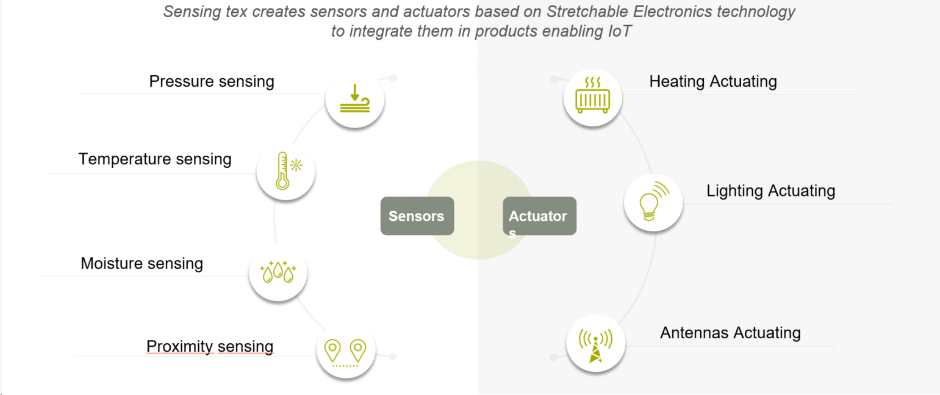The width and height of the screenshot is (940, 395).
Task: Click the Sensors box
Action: [417, 216]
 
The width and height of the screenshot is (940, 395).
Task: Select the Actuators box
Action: [539, 216]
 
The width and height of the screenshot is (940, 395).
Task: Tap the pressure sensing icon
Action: [354, 98]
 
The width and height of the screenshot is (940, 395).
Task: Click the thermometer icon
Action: [282, 170]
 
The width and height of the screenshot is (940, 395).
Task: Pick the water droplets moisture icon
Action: [278, 272]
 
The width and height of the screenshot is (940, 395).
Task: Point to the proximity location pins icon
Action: [345, 351]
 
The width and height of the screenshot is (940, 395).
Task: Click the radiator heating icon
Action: [592, 98]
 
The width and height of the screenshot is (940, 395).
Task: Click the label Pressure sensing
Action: [212, 81]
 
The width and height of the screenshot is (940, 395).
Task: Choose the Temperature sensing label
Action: [155, 159]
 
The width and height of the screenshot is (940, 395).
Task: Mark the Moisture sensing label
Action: [142, 264]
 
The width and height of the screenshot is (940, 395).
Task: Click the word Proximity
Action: [179, 347]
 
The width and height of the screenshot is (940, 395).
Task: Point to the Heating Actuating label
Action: [712, 81]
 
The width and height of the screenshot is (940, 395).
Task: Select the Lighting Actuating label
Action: [770, 190]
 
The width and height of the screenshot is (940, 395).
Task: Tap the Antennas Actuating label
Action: [730, 333]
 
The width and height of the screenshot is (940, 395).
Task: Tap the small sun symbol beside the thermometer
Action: [297, 165]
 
